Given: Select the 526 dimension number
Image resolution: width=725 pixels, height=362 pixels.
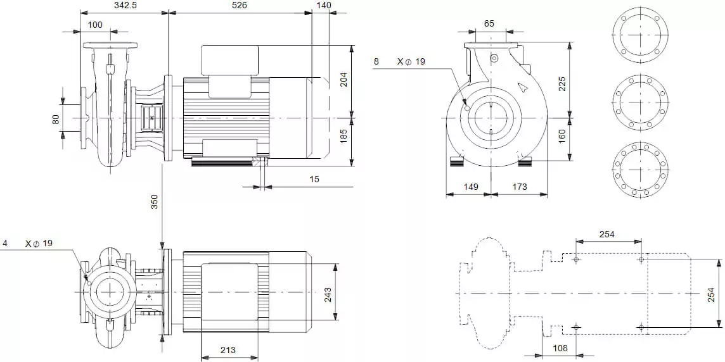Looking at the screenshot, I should [x=240, y=5].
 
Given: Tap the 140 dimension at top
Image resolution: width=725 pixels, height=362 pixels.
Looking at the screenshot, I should [x=323, y=5].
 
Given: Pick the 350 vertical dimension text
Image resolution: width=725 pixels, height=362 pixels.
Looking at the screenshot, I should [x=154, y=202].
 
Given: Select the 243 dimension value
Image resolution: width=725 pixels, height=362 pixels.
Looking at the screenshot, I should [x=345, y=294].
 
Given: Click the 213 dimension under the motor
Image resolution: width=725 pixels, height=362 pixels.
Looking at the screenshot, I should [x=229, y=350].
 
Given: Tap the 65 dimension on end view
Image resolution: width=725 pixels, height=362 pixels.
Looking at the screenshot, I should [x=489, y=23].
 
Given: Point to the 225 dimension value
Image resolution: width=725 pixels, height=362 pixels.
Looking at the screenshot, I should [x=562, y=84].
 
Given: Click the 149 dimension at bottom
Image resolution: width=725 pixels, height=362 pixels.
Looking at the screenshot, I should [x=470, y=187].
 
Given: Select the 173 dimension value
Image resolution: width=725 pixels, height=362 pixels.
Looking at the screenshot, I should [x=519, y=187].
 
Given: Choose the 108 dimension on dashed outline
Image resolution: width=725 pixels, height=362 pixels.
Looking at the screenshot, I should [x=560, y=348].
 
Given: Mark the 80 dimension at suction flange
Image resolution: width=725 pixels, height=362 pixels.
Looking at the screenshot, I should [x=56, y=118].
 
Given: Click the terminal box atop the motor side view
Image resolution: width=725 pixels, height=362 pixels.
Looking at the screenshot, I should [x=229, y=60].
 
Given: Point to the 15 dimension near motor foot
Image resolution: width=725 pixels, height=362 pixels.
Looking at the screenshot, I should [x=315, y=179].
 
